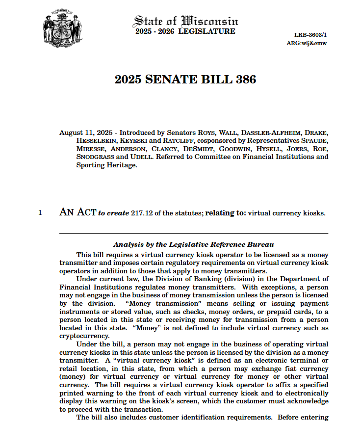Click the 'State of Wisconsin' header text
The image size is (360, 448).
(x=185, y=21)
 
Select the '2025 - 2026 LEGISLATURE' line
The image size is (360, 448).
(x=185, y=32)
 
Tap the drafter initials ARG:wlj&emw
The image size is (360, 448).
(x=307, y=43)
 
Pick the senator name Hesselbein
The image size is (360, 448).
(x=95, y=141)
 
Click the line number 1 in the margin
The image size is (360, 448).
(x=40, y=213)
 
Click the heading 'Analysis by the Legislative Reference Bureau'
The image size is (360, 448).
(x=193, y=244)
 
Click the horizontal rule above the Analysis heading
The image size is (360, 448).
(x=193, y=233)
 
